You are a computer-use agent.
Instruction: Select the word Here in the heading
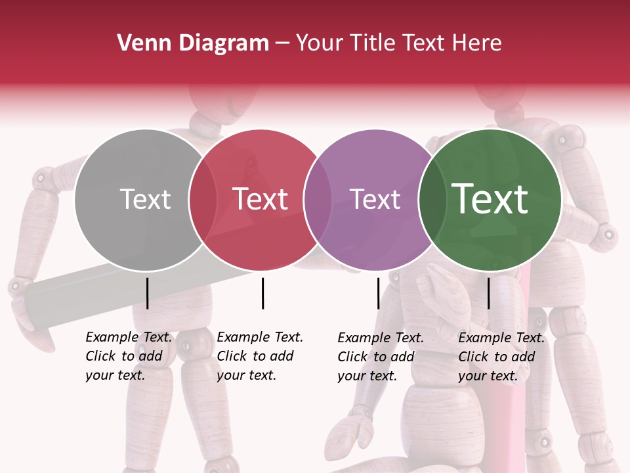point(478,43)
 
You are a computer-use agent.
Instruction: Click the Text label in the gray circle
point(145,199)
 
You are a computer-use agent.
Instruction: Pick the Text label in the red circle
point(261,199)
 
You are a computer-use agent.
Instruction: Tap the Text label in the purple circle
point(375,199)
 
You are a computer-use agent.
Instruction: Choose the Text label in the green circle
point(490,199)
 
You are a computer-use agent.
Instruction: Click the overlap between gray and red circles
point(203,199)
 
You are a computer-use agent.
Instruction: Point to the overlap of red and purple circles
point(318,199)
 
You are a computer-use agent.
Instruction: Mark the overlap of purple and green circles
point(431,199)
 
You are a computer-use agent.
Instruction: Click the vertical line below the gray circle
point(147,293)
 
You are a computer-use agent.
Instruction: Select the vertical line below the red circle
point(262,293)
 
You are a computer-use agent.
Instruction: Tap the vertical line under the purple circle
point(378,293)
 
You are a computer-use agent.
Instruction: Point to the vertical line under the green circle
point(488,293)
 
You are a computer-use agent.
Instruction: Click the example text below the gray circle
point(128,356)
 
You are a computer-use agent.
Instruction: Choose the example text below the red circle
point(259,356)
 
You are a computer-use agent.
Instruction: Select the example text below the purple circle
point(380,357)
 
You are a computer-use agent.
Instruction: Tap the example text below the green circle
point(501,357)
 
